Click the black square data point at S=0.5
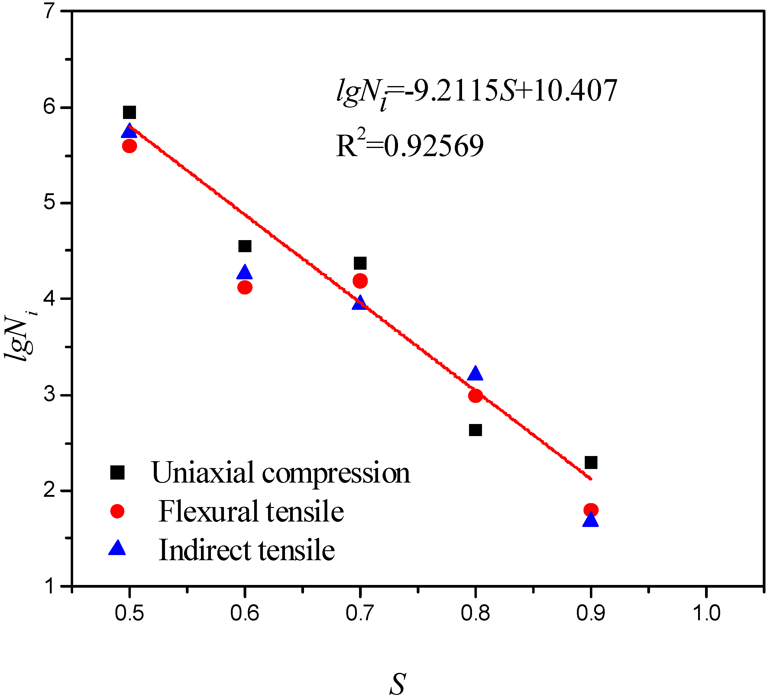[129, 113]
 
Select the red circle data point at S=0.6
[245, 287]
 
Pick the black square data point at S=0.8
[475, 430]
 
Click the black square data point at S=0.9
[591, 463]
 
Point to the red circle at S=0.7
[360, 281]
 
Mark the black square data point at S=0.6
[245, 246]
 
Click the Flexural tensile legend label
[251, 512]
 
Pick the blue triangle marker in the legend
[117, 548]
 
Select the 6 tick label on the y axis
[50, 107]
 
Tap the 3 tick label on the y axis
[50, 394]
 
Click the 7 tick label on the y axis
[50, 12]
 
